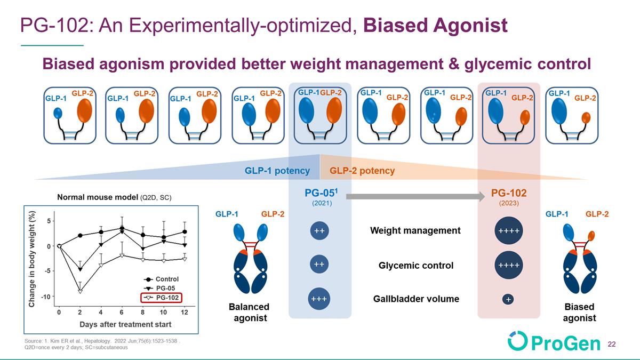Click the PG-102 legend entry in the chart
(x=162, y=298)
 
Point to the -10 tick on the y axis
(x=46, y=297)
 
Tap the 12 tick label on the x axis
(x=185, y=313)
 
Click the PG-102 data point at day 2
(x=81, y=291)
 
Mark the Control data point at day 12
(x=185, y=231)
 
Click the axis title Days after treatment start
(x=125, y=325)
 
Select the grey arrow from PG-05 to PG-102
(x=415, y=197)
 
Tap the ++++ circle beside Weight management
(x=509, y=230)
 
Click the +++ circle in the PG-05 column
(x=319, y=299)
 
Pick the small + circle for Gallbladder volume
(x=508, y=299)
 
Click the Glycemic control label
(x=415, y=266)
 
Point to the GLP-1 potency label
(x=277, y=171)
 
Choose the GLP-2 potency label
(x=362, y=171)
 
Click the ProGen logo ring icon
(x=518, y=340)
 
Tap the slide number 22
(x=612, y=345)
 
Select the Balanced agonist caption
(x=250, y=313)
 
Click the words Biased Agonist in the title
(x=435, y=25)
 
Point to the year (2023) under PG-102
(x=509, y=203)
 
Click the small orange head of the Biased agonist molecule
(x=591, y=236)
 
